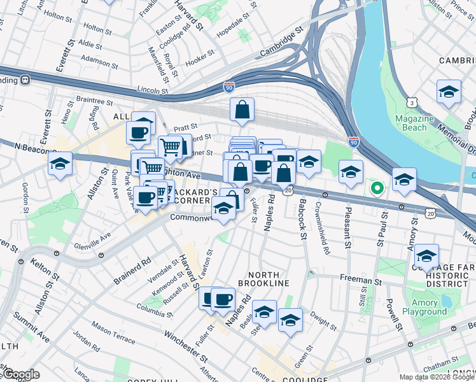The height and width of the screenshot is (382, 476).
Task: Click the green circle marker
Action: [x=377, y=188]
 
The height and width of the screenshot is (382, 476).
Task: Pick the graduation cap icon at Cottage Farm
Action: [x=426, y=257]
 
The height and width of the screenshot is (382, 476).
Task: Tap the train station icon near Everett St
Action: [x=25, y=80]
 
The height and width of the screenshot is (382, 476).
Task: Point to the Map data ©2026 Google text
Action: [x=437, y=377]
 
